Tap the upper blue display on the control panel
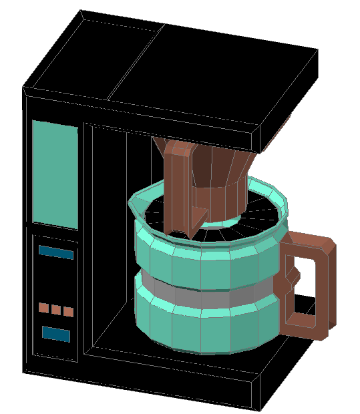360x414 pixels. pyautogui.click(x=56, y=252)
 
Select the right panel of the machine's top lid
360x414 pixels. pyautogui.click(x=220, y=73)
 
